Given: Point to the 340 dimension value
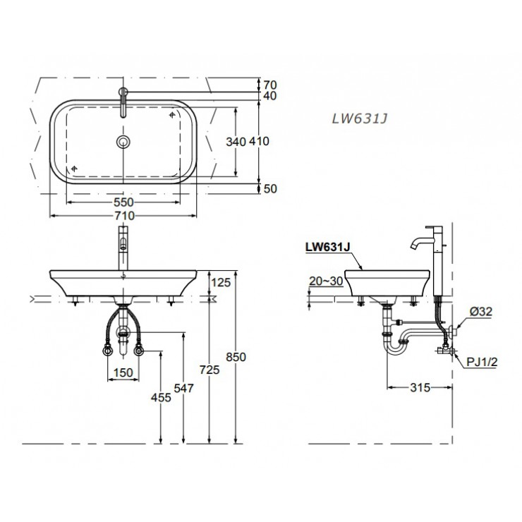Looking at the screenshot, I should click(x=236, y=142).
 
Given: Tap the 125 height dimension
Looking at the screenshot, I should click(x=221, y=283).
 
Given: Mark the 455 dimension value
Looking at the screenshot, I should click(x=162, y=398).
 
